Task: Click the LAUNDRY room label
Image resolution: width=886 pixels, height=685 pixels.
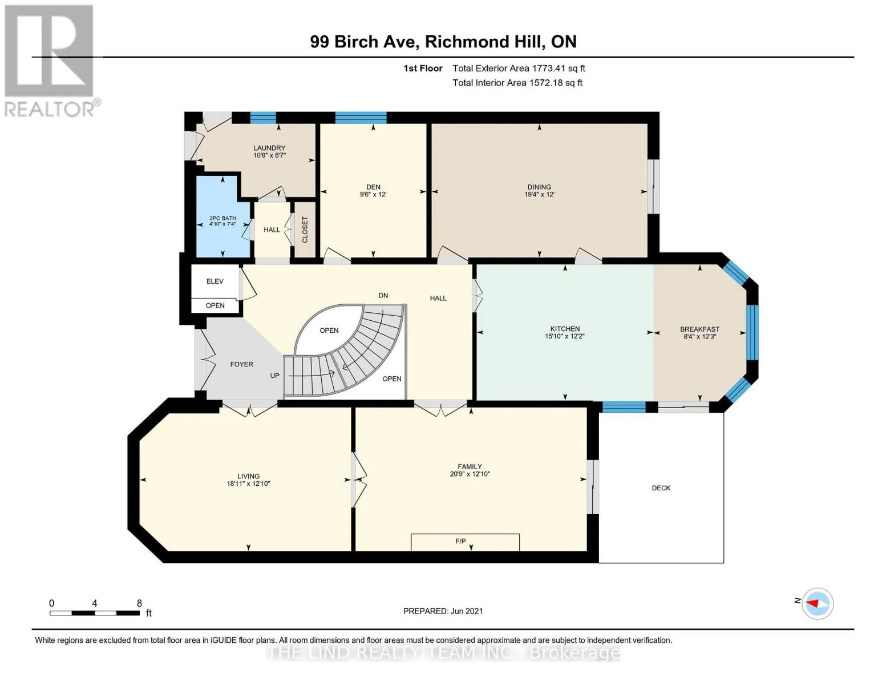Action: [269, 148]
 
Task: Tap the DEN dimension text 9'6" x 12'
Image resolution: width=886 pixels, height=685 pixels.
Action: [373, 195]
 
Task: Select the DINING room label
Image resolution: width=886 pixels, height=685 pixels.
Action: [539, 187]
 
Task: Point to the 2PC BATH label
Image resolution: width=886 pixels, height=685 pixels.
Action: [222, 218]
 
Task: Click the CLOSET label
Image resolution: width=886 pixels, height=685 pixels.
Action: [305, 229]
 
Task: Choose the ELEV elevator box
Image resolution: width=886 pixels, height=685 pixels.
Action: [215, 281]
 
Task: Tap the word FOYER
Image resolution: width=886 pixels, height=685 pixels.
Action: [242, 364]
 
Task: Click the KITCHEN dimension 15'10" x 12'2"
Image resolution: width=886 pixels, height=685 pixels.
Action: [565, 336]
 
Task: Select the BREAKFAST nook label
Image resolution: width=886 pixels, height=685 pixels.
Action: [699, 329]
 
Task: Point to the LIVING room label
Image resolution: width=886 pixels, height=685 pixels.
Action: [248, 476]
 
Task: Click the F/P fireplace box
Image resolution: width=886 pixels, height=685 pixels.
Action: [465, 542]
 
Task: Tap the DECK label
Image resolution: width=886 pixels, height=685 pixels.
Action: [661, 488]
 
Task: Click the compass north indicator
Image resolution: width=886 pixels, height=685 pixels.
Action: [817, 604]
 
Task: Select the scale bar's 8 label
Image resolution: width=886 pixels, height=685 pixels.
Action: [139, 603]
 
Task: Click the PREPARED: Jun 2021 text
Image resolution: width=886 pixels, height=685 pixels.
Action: [443, 611]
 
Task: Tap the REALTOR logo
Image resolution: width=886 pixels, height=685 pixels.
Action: [51, 61]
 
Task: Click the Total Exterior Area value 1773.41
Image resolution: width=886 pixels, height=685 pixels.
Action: [547, 68]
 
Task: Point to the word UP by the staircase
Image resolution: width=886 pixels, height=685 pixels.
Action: [274, 376]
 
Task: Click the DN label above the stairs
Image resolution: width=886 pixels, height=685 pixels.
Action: [383, 295]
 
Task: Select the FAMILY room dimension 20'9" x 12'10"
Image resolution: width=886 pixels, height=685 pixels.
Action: [470, 474]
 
